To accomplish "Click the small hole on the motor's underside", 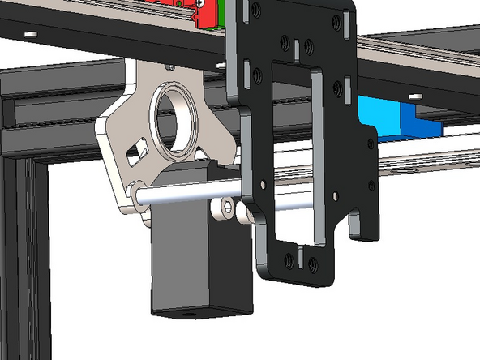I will pyautogui.click(x=192, y=311).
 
